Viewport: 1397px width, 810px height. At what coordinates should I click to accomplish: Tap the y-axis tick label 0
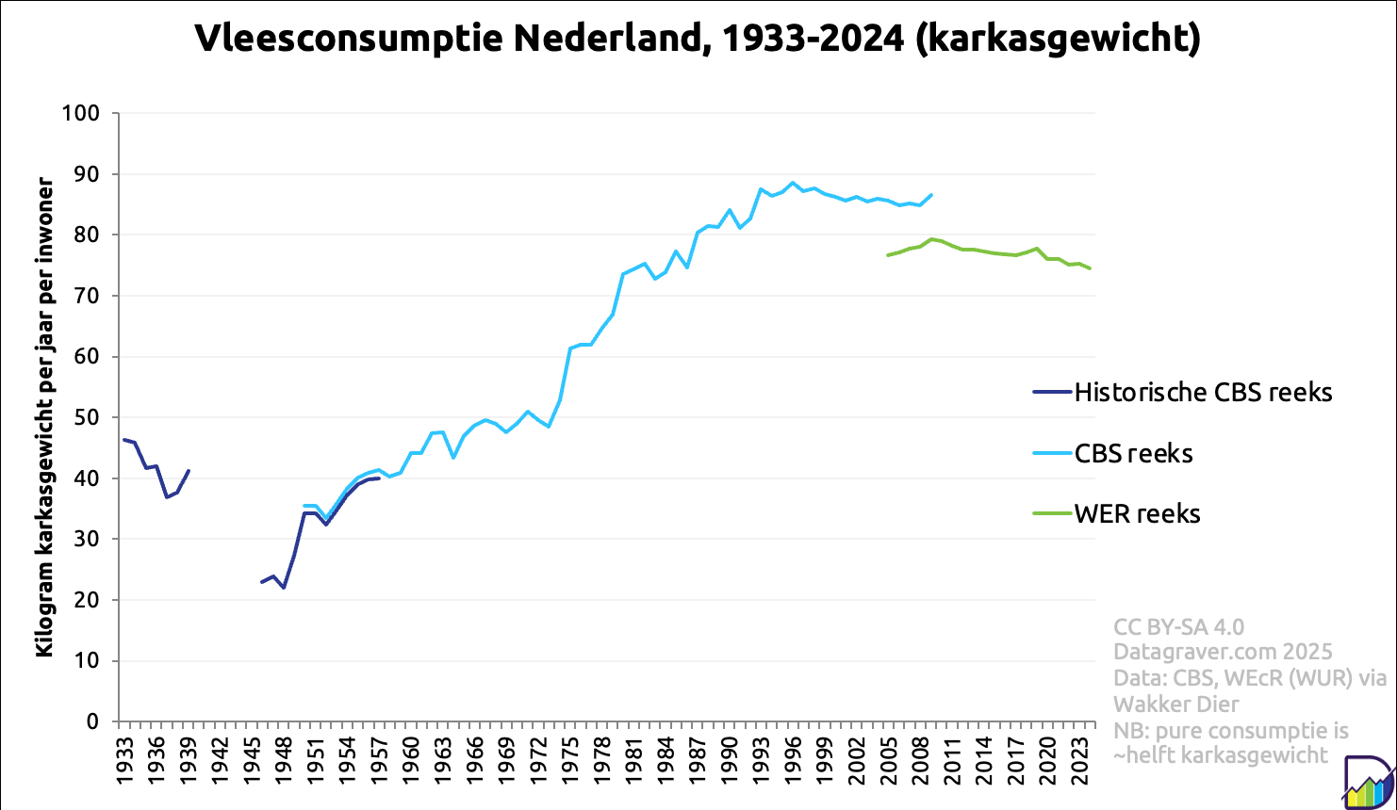tap(92, 722)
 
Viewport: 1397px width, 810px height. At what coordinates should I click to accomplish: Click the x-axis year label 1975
tap(572, 754)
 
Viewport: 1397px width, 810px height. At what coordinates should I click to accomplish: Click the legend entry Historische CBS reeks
tap(1203, 392)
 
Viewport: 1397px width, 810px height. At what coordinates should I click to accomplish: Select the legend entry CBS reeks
tap(1133, 453)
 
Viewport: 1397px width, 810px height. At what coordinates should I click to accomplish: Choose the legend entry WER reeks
tap(1137, 513)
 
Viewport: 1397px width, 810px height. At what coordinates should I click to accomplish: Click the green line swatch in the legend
tap(1053, 513)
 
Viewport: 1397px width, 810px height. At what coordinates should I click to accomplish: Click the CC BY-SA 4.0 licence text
tap(1178, 627)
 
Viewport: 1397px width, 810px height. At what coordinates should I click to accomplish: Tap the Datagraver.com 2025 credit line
tap(1223, 652)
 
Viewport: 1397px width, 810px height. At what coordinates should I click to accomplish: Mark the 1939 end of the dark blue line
tap(189, 470)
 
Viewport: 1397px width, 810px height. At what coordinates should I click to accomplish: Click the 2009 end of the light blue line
tap(931, 195)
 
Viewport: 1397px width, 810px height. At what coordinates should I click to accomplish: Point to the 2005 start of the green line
tap(888, 255)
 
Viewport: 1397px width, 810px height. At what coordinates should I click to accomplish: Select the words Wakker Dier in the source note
tap(1175, 704)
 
